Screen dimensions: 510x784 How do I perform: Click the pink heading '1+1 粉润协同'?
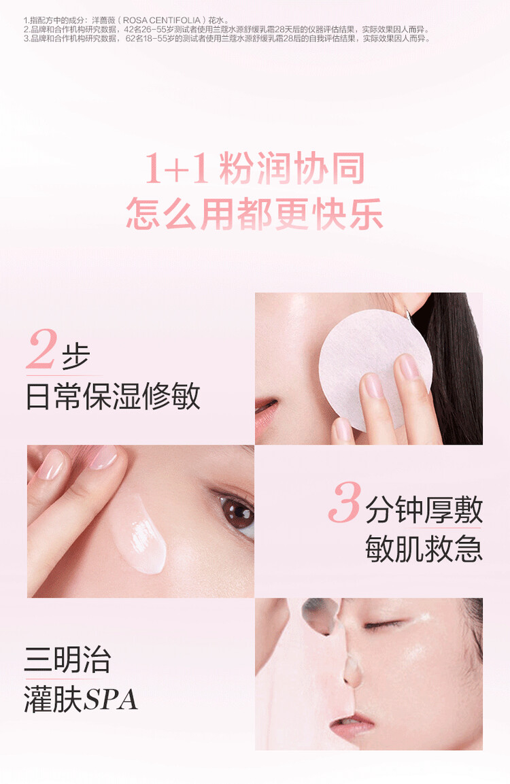coord(254,168)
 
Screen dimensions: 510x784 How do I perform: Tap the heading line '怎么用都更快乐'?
coord(254,214)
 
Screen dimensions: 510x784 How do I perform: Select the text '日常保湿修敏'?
coord(113,396)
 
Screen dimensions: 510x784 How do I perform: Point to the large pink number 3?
coord(345,502)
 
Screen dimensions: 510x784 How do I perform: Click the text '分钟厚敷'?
coord(424,509)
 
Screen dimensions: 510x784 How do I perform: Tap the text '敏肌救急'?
coord(424,549)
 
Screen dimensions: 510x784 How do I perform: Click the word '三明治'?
coord(67,660)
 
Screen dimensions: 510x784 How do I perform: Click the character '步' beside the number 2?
coord(75,356)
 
